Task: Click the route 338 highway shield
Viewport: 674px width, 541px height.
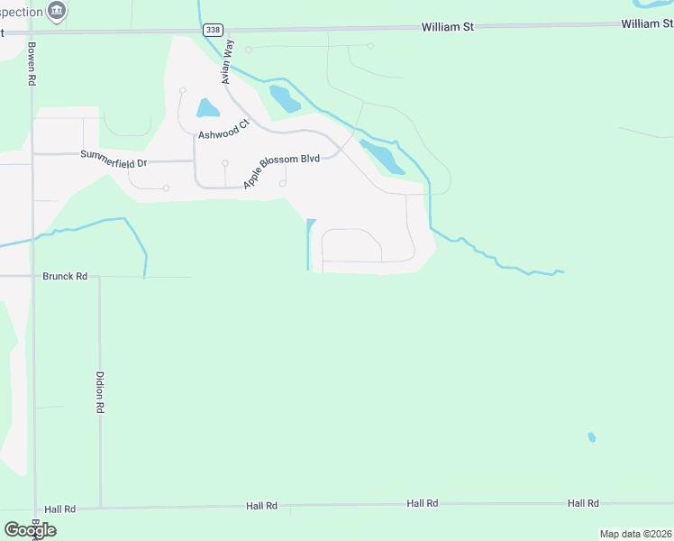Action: [x=212, y=30]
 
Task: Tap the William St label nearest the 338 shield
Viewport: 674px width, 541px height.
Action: [x=448, y=27]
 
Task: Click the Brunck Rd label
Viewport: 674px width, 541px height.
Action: [x=65, y=277]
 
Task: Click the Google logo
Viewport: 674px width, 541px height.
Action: [x=30, y=530]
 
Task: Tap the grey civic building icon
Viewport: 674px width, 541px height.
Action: [x=58, y=11]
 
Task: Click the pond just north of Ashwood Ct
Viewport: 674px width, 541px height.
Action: [x=207, y=109]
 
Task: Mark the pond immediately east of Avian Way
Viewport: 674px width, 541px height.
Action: [x=284, y=97]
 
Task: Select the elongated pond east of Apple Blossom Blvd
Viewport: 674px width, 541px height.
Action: [x=383, y=157]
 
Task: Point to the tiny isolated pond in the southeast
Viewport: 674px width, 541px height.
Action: [x=591, y=437]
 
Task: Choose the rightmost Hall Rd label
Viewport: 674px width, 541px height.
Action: [x=583, y=503]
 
